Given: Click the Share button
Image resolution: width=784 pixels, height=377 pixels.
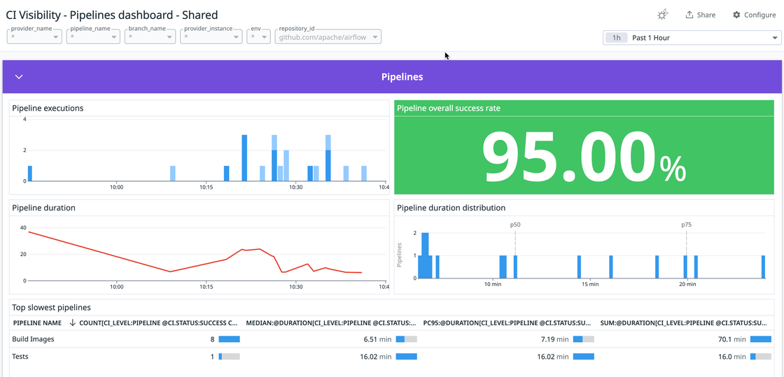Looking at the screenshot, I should click(x=700, y=15).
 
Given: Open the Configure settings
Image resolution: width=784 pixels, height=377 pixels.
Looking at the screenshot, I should click(x=754, y=15).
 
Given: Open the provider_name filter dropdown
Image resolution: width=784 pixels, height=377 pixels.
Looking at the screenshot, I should click(x=35, y=36).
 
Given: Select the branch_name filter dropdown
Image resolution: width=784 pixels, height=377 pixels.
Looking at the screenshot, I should click(x=150, y=36).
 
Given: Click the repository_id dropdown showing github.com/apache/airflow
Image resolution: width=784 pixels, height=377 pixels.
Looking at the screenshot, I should click(x=328, y=36).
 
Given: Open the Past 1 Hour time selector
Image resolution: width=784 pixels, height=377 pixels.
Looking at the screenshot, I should click(x=692, y=38).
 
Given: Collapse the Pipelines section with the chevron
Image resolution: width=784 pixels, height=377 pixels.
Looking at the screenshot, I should click(x=19, y=77).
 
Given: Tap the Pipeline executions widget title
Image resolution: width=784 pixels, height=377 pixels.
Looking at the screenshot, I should click(x=48, y=108).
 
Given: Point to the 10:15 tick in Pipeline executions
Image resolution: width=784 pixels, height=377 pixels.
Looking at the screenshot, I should click(x=206, y=187).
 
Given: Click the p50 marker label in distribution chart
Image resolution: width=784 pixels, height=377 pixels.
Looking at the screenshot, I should click(x=515, y=225).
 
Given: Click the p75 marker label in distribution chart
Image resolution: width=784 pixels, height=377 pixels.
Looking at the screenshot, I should click(x=686, y=225).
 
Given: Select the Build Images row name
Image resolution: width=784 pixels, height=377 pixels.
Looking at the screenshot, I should click(x=33, y=339).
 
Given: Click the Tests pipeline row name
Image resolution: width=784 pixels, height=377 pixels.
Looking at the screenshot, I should click(x=20, y=357).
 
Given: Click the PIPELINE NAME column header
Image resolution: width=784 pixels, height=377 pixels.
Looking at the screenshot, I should click(x=37, y=323).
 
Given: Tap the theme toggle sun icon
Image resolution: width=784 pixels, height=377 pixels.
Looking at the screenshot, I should click(x=662, y=15).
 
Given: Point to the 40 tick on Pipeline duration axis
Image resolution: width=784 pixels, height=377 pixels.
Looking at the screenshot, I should click(x=22, y=228).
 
